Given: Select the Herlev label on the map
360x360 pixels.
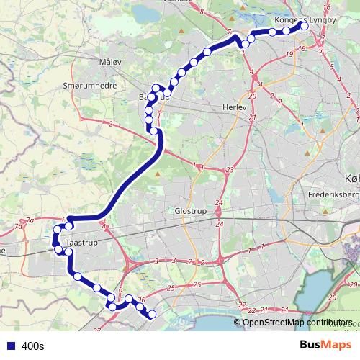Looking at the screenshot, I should pyautogui.click(x=235, y=105).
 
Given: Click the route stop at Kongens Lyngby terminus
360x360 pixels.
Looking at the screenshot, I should pyautogui.click(x=304, y=26).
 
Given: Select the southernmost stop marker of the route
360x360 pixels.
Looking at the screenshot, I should pyautogui.click(x=152, y=314).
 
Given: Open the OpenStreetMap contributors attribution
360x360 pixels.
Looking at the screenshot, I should pyautogui.click(x=297, y=323).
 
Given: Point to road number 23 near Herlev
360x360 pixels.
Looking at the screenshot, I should pyautogui.click(x=230, y=170).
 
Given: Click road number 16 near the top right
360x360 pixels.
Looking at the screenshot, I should pyautogui.click(x=326, y=8).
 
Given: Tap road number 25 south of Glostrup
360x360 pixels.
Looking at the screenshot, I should pyautogui.click(x=171, y=288).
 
